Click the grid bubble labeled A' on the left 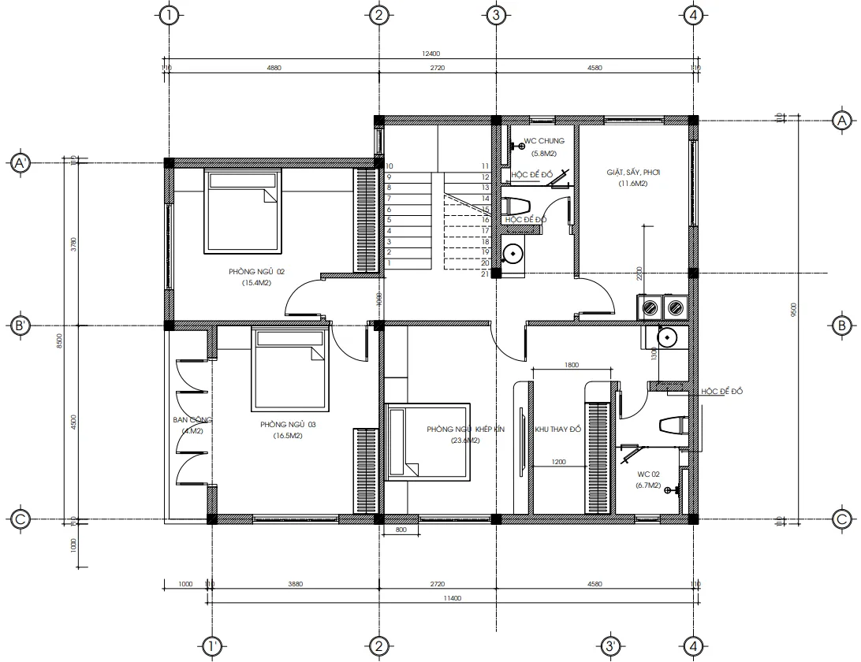(20, 163)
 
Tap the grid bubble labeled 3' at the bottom (610, 646)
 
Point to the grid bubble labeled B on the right (841, 325)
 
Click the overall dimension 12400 (430, 54)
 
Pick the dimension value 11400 (453, 598)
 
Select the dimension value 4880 (274, 69)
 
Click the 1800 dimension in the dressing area (572, 365)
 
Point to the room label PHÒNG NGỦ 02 (256, 272)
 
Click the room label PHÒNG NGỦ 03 (288, 425)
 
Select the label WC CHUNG (544, 142)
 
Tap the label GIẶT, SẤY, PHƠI (632, 173)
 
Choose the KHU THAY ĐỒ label (557, 430)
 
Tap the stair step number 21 (486, 273)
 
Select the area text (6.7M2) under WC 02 (647, 486)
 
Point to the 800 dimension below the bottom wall (401, 530)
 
